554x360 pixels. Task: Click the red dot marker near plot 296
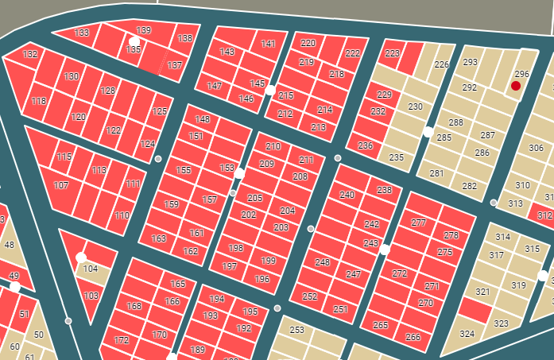coord(516,85)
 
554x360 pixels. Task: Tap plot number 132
coord(30,56)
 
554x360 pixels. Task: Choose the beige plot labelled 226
coord(441,65)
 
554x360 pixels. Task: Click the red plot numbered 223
coord(392,54)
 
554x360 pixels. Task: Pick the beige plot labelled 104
coord(91,269)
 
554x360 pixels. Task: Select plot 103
coord(91,296)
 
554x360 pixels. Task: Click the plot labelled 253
coord(297,331)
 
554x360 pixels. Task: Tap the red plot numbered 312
coord(544,215)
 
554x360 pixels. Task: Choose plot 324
coord(467,335)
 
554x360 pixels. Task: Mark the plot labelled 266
coord(413,337)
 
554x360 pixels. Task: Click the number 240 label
coord(347,195)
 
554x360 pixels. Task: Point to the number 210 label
coord(273,146)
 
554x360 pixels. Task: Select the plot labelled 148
coord(203,120)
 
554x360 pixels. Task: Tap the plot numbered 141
coord(269,44)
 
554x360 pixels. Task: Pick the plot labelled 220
coord(308,43)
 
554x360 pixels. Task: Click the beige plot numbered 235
coord(397,157)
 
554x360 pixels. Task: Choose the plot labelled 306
coord(537,149)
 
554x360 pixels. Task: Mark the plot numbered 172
coord(122,340)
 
